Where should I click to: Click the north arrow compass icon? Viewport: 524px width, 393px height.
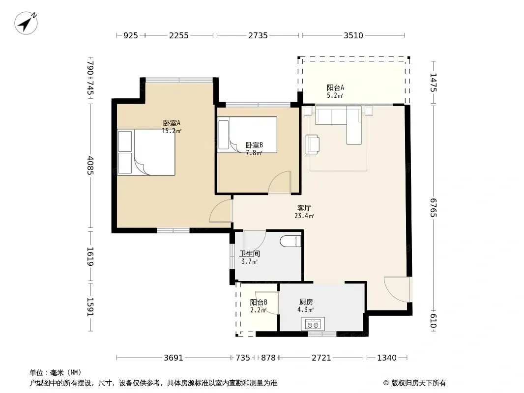(26, 23)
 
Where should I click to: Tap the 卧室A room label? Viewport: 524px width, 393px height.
(172, 123)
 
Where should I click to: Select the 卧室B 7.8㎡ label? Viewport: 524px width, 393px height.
(254, 149)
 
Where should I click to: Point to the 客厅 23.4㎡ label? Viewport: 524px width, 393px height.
(304, 212)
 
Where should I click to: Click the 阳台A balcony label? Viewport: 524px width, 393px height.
(335, 88)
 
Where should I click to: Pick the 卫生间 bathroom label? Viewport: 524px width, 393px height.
(250, 254)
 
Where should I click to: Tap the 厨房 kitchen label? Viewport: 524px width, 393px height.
(306, 302)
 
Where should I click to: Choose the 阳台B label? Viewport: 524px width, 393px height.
(259, 302)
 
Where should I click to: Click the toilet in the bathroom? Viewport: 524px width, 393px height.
(291, 241)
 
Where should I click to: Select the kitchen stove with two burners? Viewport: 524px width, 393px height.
(313, 324)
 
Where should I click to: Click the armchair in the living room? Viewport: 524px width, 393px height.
(313, 144)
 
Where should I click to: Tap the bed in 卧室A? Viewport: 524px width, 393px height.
(146, 152)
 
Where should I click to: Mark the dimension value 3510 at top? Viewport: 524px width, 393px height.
(353, 35)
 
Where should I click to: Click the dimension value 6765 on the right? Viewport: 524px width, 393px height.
(433, 208)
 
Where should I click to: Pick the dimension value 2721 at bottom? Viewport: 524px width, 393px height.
(321, 358)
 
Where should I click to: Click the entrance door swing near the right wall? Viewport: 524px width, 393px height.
(397, 289)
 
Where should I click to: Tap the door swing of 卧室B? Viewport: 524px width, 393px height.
(279, 182)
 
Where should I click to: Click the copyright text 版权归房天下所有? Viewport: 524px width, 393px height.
(418, 383)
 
